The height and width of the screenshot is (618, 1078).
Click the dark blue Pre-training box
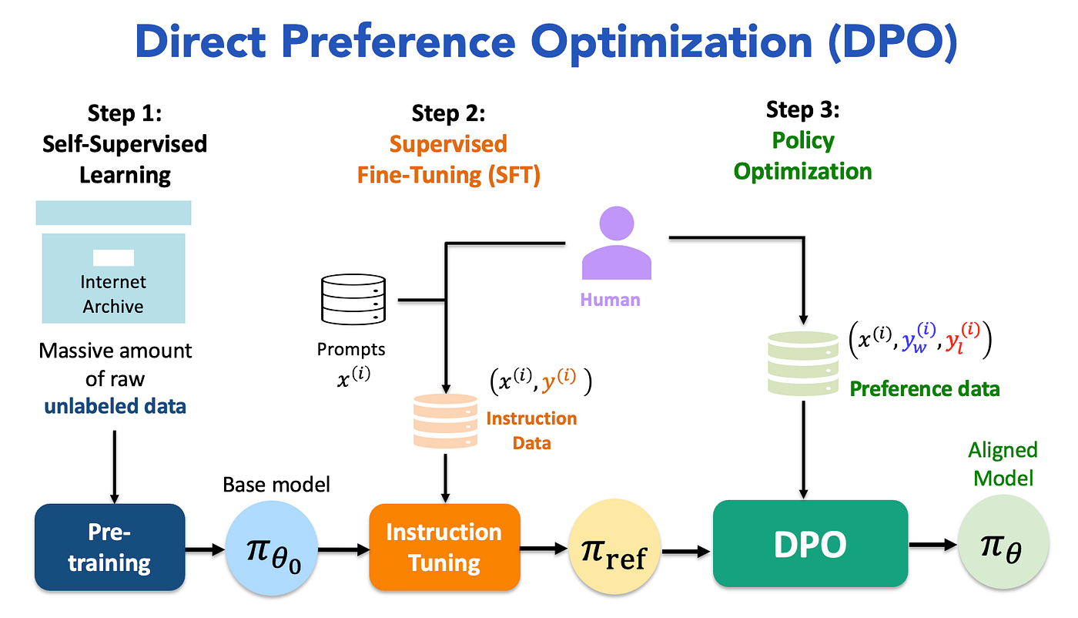tap(110, 547)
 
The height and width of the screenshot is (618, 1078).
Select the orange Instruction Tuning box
tap(444, 547)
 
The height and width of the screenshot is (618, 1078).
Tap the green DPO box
tap(810, 544)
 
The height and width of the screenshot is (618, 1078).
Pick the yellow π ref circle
tap(614, 550)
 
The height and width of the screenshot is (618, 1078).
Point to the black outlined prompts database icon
tap(352, 301)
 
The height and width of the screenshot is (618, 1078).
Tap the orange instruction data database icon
tap(445, 422)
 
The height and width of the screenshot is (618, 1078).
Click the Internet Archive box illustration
tap(113, 262)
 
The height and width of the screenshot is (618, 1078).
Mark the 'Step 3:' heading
tap(802, 110)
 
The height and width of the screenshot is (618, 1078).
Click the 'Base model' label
tap(276, 484)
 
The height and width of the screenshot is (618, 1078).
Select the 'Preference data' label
tap(924, 388)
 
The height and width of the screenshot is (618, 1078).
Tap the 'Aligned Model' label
tap(1003, 464)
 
